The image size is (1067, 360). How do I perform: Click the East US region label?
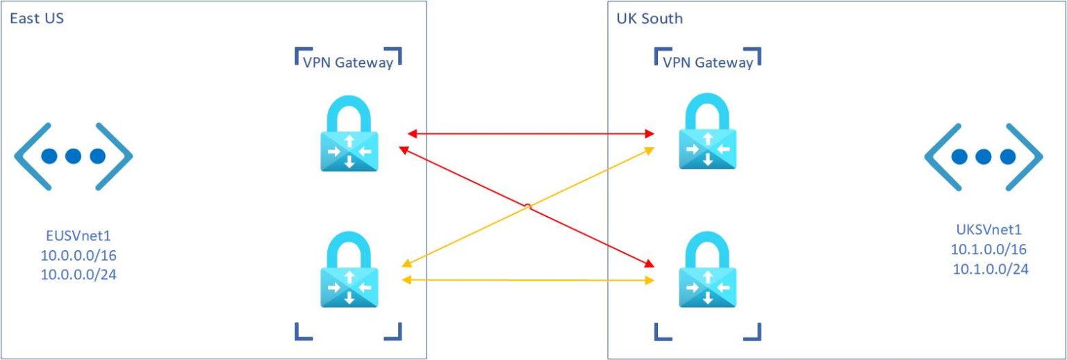[x=37, y=19]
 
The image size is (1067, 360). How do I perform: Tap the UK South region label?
[x=650, y=19]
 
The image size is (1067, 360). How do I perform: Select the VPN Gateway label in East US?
[x=347, y=63]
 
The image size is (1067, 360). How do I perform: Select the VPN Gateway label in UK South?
[x=708, y=63]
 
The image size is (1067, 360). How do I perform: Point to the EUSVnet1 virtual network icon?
[x=73, y=156]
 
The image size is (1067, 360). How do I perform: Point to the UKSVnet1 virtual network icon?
[x=982, y=156]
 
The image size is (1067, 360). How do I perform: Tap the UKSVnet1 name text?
[x=982, y=229]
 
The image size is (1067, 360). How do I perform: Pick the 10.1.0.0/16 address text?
[x=982, y=249]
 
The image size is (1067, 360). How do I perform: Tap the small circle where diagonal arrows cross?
[x=528, y=206]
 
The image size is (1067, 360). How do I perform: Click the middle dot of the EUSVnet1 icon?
[x=73, y=156]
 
